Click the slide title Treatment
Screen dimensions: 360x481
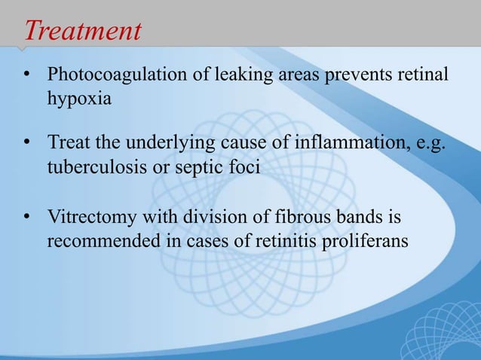pyautogui.click(x=83, y=31)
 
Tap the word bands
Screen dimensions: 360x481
pyautogui.click(x=357, y=219)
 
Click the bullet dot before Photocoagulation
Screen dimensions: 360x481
pyautogui.click(x=28, y=78)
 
